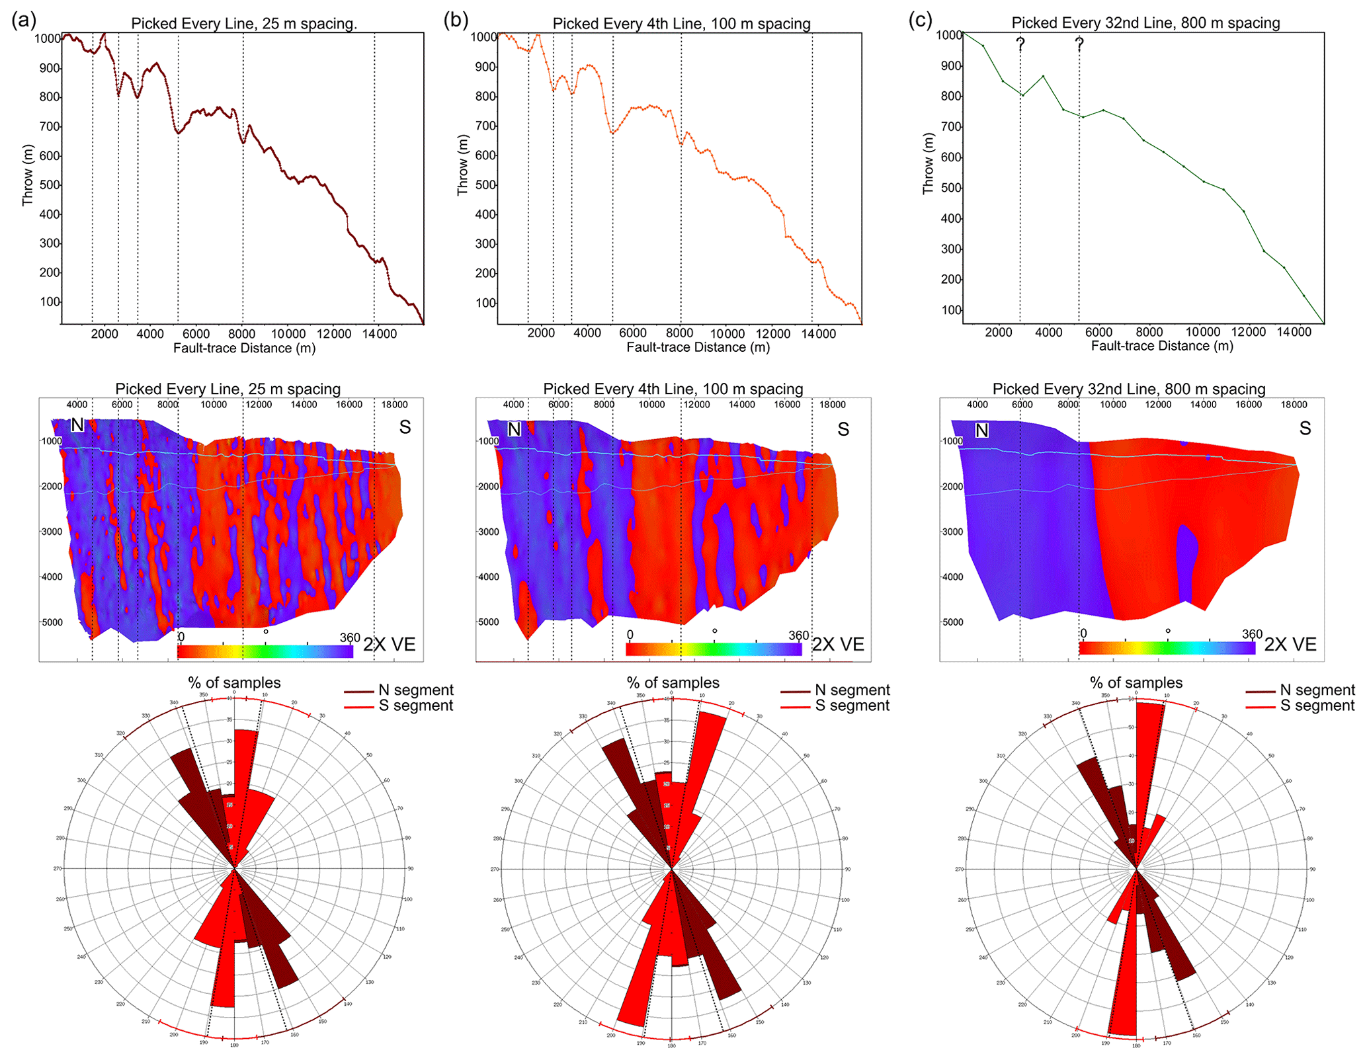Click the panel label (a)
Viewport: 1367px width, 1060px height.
point(24,20)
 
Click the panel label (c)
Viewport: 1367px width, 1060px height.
point(920,20)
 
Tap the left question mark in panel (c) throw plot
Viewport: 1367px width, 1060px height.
point(1020,44)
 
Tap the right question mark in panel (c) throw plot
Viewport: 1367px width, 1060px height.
point(1079,44)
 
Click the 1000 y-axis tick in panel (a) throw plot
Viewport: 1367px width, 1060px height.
point(48,38)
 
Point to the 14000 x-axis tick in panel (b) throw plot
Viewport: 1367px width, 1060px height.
point(819,334)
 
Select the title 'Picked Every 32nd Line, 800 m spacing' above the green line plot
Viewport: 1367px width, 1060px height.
point(1145,23)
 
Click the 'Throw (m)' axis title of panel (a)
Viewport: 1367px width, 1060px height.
point(27,175)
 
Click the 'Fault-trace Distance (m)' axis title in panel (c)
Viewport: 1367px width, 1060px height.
point(1162,346)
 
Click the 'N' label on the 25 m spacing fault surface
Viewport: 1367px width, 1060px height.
point(77,425)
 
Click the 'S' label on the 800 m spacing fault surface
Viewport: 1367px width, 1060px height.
point(1305,428)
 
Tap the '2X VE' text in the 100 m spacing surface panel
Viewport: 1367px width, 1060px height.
point(838,645)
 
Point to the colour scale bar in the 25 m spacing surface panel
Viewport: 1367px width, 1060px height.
point(265,651)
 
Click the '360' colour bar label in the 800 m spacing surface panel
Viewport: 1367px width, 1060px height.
point(1252,634)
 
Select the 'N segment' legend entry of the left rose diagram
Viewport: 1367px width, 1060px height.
point(415,690)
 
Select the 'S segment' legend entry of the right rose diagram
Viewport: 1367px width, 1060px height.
point(1317,706)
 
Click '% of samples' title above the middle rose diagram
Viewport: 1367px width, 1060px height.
point(673,682)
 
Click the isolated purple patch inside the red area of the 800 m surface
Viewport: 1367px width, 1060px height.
point(1187,562)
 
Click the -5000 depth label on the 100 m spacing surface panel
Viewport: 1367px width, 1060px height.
point(489,622)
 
